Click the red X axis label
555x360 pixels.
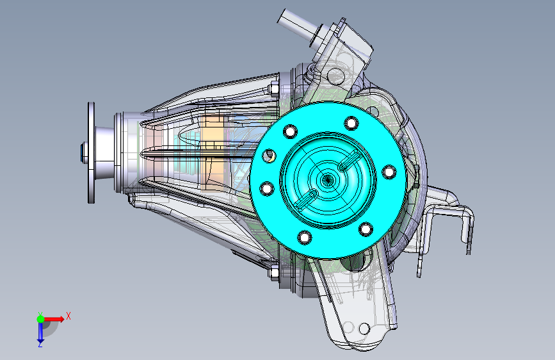(68, 316)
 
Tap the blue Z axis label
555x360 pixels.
(40, 344)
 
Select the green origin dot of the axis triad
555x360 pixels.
(41, 319)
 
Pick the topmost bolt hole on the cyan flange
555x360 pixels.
(351, 123)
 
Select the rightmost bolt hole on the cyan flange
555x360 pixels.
(389, 172)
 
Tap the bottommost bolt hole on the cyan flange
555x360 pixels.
(305, 237)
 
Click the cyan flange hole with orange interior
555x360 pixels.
(269, 156)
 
